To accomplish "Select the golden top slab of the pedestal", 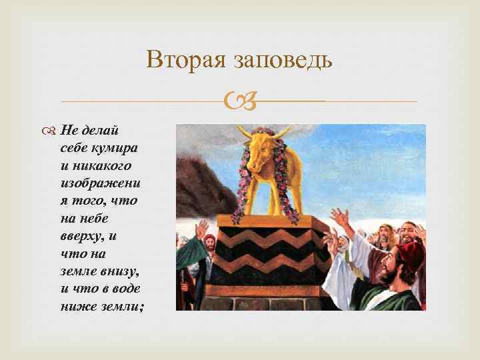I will coord(274,221).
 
